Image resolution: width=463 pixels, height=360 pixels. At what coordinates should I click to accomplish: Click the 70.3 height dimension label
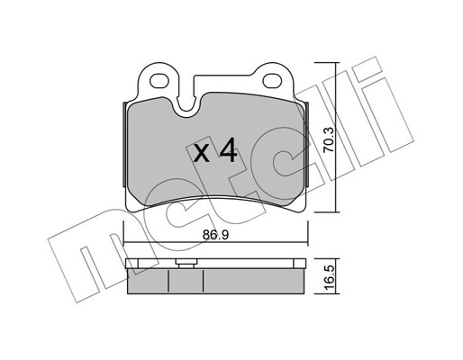point(329,139)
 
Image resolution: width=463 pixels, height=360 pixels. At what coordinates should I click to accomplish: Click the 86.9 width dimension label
point(215,235)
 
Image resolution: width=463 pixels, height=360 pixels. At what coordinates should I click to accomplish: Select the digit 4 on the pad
point(229,151)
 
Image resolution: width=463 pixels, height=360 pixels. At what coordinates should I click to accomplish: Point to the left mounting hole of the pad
point(159,80)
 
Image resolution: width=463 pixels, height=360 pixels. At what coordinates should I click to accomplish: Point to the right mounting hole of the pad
point(272,80)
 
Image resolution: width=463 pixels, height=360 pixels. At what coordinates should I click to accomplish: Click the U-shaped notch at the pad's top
point(186,103)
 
